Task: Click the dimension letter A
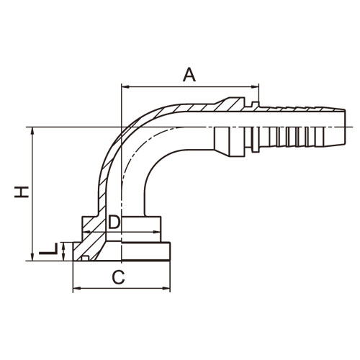click(x=189, y=74)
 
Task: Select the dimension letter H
click(x=22, y=192)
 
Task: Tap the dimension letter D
click(x=114, y=222)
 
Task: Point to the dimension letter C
click(x=118, y=277)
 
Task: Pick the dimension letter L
click(x=48, y=249)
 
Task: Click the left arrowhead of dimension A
click(x=125, y=86)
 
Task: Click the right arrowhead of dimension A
click(x=255, y=86)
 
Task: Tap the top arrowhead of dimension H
click(x=33, y=131)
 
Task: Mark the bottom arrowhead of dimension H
click(x=33, y=256)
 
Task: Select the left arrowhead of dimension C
click(x=76, y=288)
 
